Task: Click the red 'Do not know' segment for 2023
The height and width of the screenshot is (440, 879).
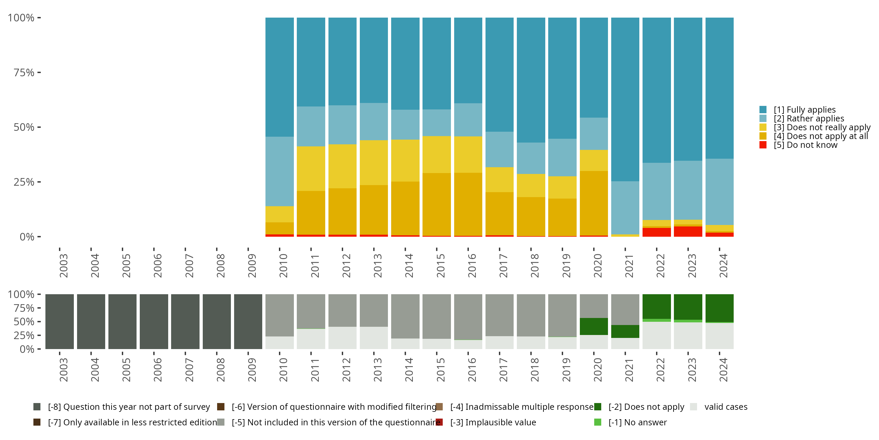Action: click(x=688, y=231)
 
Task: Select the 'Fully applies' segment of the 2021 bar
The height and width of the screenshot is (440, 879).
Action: click(x=625, y=99)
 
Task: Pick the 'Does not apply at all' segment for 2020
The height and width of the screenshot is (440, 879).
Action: click(x=594, y=203)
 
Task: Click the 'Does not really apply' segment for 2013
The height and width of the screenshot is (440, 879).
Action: click(x=374, y=162)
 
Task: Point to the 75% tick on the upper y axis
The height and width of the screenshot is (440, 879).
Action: click(x=24, y=72)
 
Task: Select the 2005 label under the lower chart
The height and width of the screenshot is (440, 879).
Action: click(x=126, y=370)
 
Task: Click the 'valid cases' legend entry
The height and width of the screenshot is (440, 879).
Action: click(x=725, y=407)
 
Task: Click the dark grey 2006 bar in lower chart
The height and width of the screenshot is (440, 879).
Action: click(x=154, y=321)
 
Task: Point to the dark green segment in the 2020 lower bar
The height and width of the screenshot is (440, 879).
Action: click(x=594, y=326)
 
